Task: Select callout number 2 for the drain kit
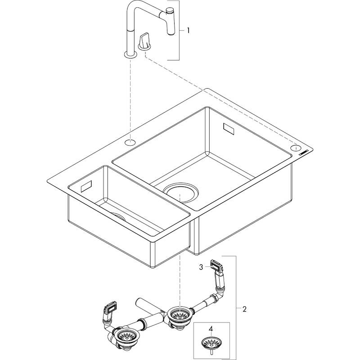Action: coord(244,309)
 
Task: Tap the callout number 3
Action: coord(201,267)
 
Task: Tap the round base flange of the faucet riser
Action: coord(130,55)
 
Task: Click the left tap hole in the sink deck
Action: coord(130,143)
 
